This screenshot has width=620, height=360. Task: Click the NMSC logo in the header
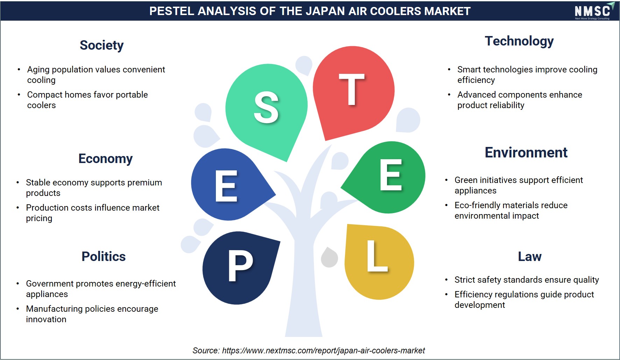point(594,11)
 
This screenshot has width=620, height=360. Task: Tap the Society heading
point(101,45)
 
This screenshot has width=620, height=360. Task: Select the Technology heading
point(519,41)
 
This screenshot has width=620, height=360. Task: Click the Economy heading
point(105,159)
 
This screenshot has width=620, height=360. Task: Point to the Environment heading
point(526,153)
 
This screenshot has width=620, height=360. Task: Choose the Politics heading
point(104,256)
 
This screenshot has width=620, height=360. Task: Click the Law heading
point(530,256)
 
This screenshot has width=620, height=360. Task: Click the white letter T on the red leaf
point(352,89)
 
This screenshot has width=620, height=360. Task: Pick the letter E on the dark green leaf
point(391,175)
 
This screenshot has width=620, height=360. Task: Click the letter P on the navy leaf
point(240,266)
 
